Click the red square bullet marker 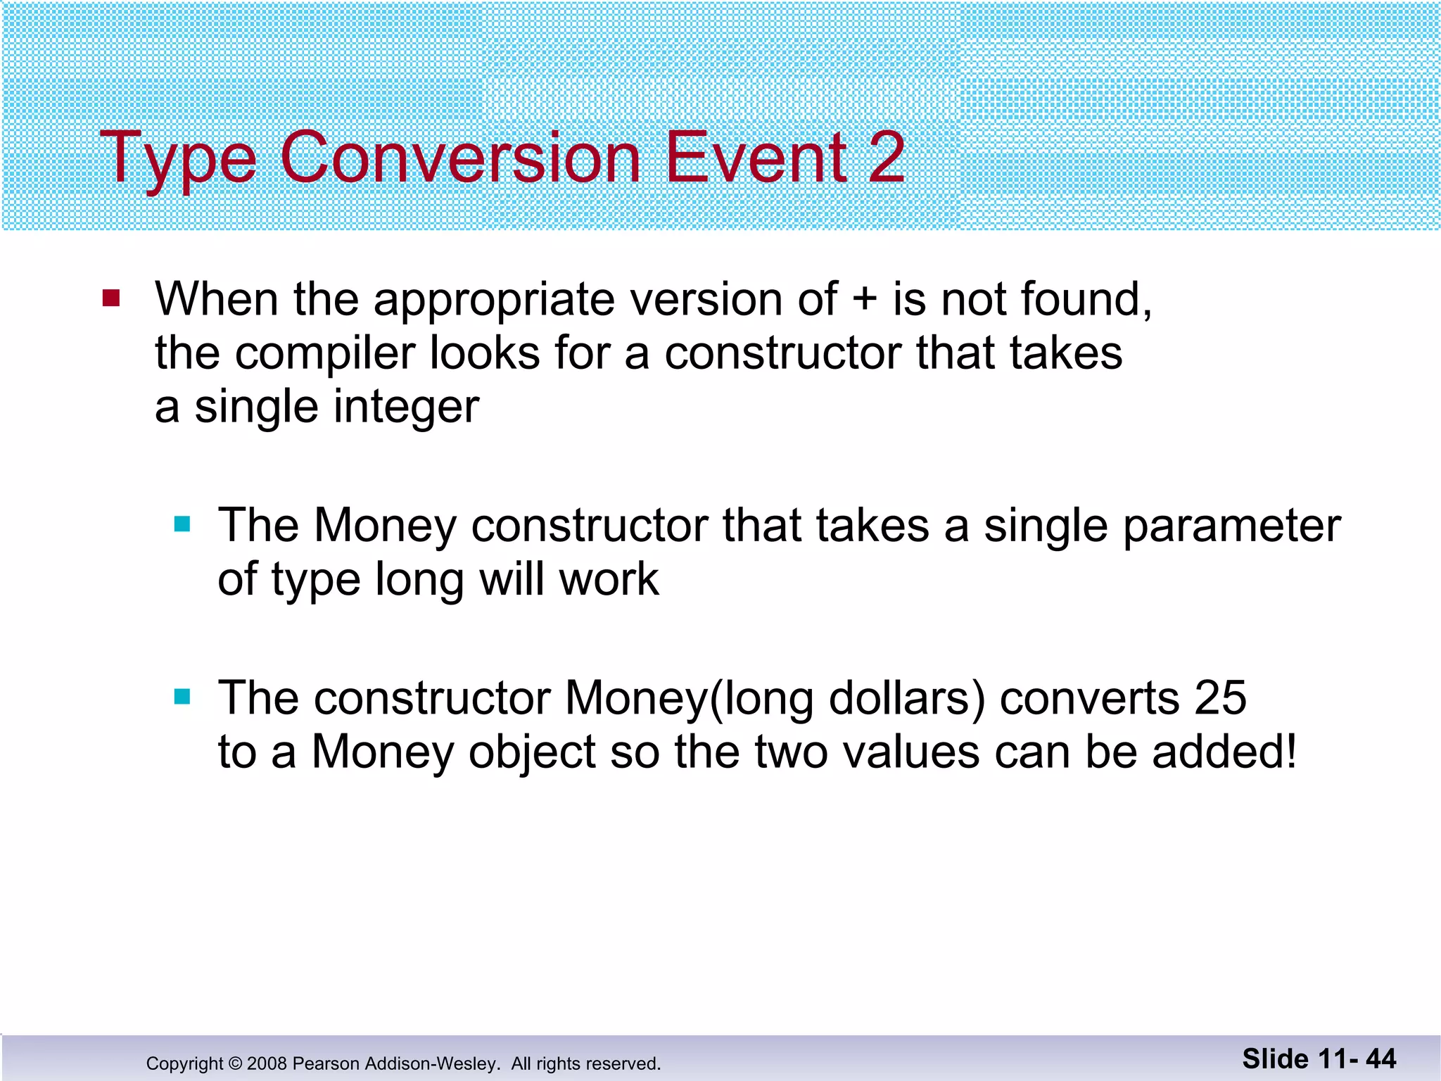click(111, 298)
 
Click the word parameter click(1231, 527)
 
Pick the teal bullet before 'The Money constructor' click(182, 524)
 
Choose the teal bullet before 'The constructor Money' click(182, 697)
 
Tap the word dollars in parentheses click(908, 698)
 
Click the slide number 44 click(1380, 1059)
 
